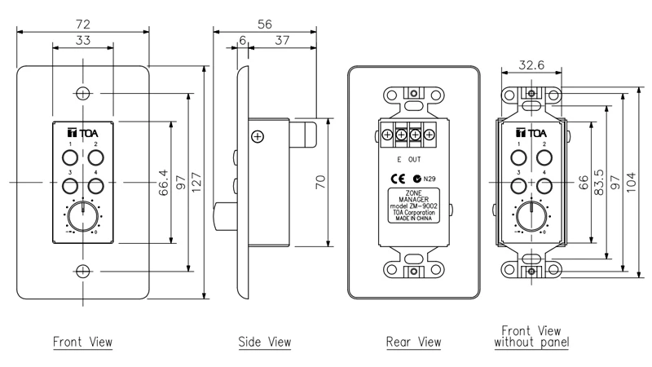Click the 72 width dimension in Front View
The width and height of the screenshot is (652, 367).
click(x=82, y=15)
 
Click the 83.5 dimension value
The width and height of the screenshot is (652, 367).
click(x=601, y=181)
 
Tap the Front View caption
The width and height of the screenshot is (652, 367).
click(x=82, y=341)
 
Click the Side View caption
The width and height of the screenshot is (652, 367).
click(x=264, y=341)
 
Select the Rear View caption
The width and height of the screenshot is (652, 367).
click(x=413, y=341)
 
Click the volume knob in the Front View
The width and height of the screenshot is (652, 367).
click(x=81, y=216)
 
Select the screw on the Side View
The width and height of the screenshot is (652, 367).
click(x=258, y=137)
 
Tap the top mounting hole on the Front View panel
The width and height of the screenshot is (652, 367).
click(x=82, y=91)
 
